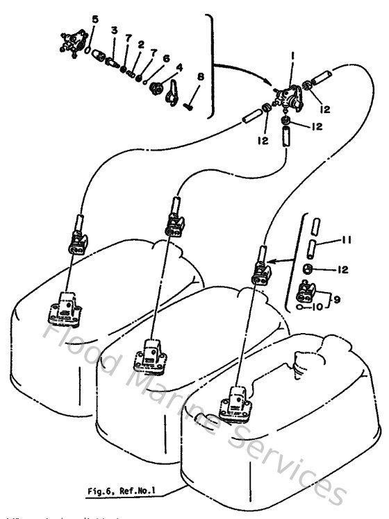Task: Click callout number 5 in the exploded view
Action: [95, 18]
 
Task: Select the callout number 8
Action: [200, 77]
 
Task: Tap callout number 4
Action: [179, 68]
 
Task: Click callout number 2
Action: [141, 44]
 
